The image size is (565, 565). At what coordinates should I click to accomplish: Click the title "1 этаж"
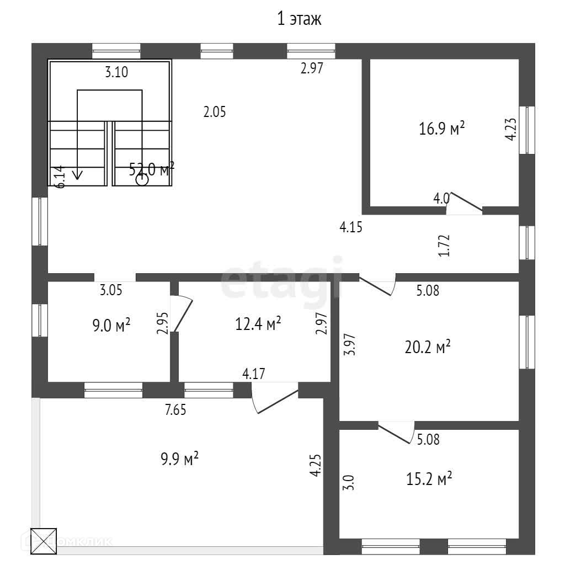pyautogui.click(x=299, y=20)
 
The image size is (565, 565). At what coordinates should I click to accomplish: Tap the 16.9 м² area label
pyautogui.click(x=442, y=129)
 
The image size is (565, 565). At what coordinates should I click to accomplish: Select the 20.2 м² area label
pyautogui.click(x=428, y=347)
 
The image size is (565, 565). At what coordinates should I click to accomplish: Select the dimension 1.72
pyautogui.click(x=447, y=246)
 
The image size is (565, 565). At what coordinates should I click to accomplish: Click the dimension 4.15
pyautogui.click(x=350, y=227)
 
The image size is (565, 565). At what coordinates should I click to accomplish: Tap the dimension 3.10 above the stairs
pyautogui.click(x=116, y=72)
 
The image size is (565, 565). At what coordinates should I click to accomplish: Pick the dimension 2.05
pyautogui.click(x=215, y=112)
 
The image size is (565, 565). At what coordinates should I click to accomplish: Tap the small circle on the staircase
pyautogui.click(x=142, y=179)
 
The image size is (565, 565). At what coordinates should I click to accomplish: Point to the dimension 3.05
pyautogui.click(x=111, y=290)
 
